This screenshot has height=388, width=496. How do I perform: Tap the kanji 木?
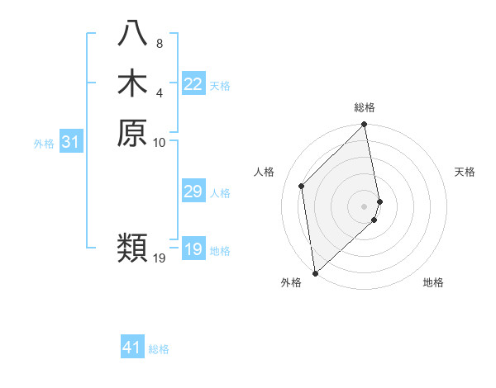click(132, 83)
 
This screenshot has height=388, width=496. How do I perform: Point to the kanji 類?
click(132, 248)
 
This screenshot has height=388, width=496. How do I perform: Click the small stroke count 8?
click(160, 43)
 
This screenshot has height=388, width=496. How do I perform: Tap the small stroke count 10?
click(160, 142)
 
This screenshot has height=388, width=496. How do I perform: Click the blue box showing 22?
click(193, 84)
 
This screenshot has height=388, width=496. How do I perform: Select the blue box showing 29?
click(193, 192)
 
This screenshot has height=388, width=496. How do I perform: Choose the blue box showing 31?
click(71, 142)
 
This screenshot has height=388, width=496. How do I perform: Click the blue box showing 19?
click(193, 249)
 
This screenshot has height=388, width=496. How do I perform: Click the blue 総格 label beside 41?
click(159, 349)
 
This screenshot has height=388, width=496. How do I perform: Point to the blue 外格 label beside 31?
click(44, 144)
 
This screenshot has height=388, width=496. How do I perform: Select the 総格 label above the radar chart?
click(365, 107)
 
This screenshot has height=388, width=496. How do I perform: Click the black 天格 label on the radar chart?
click(465, 172)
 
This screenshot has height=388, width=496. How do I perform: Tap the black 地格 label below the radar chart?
click(433, 282)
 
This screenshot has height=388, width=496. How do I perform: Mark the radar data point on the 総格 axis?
click(365, 125)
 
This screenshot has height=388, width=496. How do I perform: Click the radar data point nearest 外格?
click(315, 272)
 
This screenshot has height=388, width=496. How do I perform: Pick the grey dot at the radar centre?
click(365, 206)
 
